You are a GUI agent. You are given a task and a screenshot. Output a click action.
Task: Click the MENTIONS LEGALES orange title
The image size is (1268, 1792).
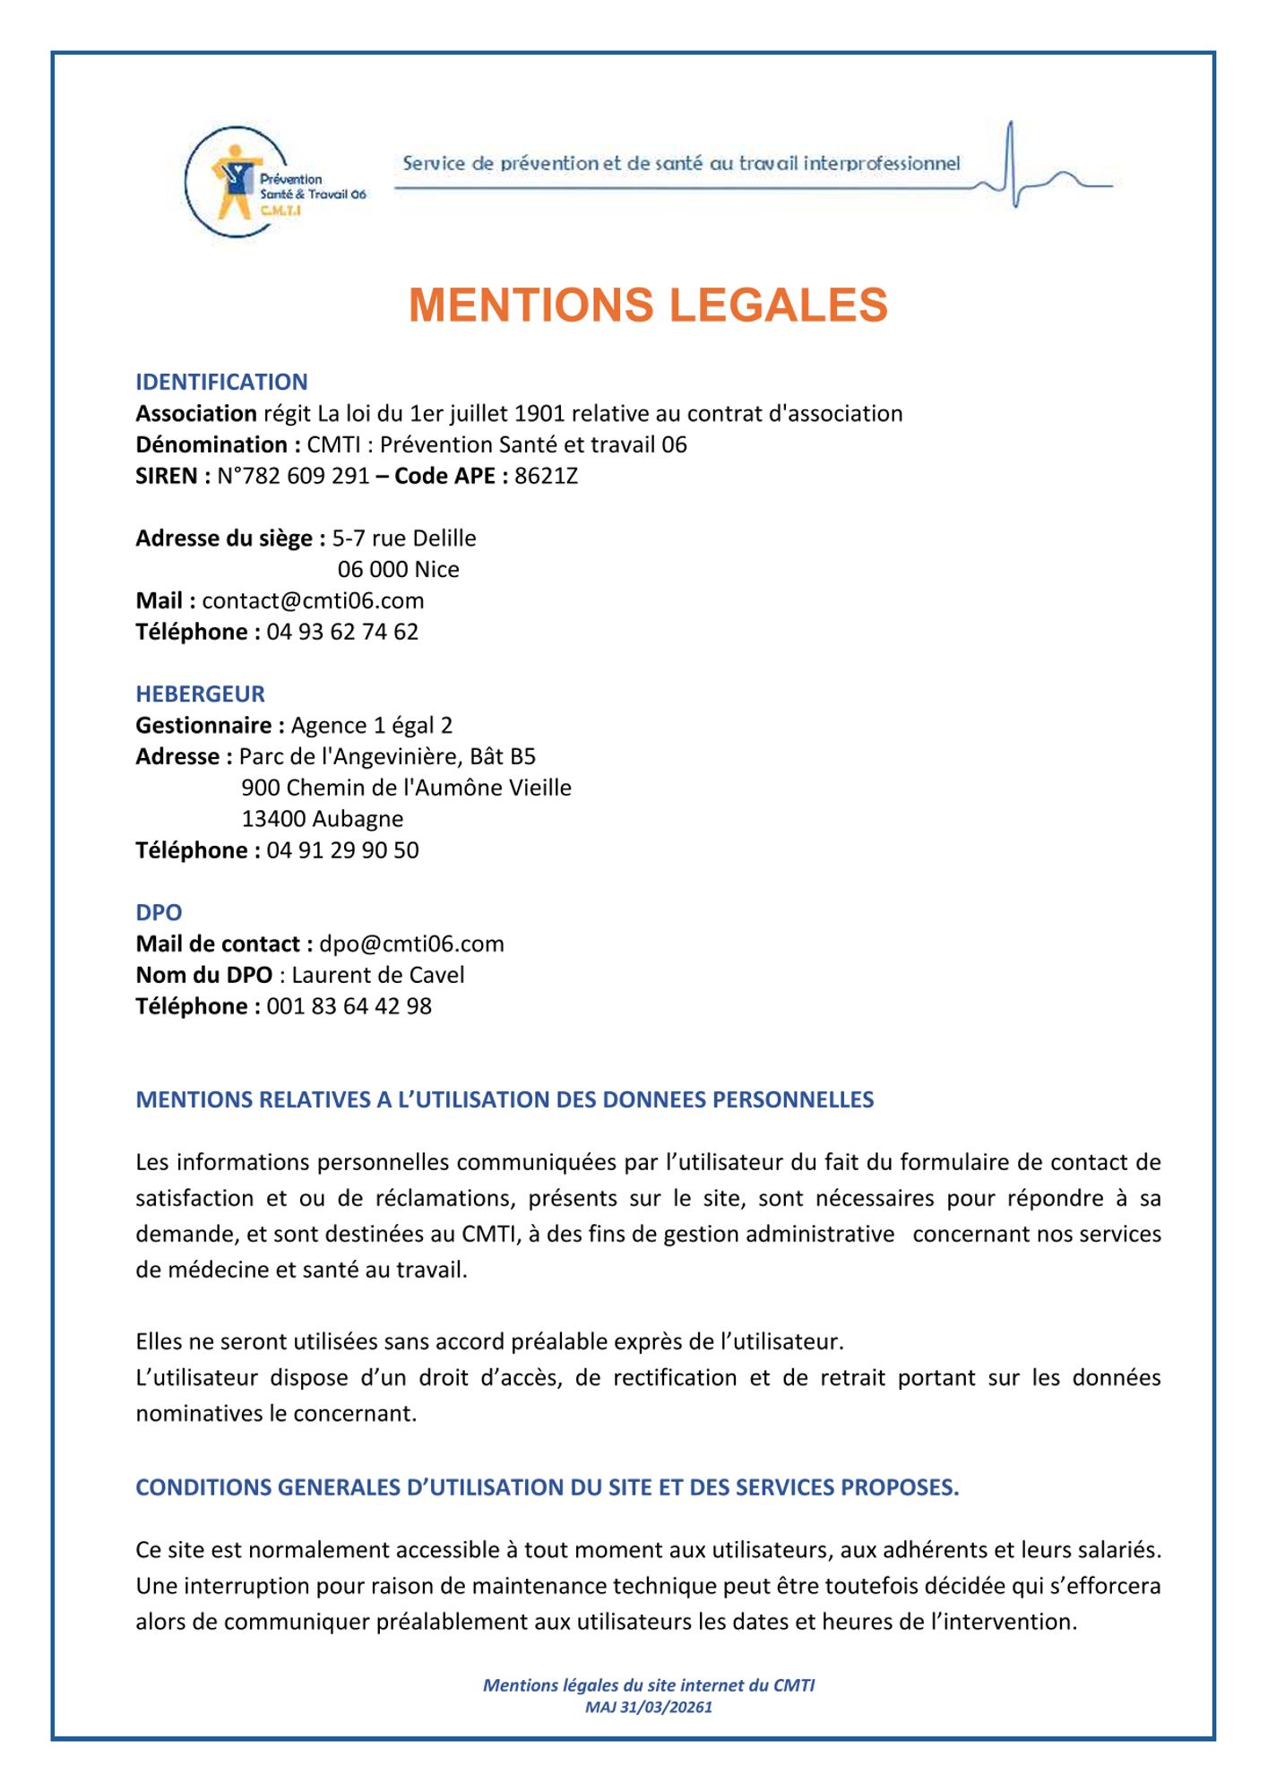pos(648,306)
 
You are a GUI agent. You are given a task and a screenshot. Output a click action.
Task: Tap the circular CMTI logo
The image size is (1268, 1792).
pos(237,183)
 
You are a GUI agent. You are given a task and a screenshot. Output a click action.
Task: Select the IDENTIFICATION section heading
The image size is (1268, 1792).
pos(221,383)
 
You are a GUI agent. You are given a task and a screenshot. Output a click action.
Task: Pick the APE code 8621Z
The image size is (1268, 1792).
pos(546,476)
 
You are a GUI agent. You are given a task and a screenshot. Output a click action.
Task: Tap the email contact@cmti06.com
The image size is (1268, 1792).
pos(313,600)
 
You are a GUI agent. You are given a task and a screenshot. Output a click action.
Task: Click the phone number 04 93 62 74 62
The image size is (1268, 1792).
pos(342,632)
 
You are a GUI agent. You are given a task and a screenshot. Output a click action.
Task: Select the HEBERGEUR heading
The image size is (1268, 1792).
pos(200,694)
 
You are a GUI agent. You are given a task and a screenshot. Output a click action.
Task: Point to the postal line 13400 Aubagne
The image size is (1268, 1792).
pos(323,819)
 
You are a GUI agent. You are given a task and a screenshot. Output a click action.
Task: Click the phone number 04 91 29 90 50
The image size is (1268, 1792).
pos(342,850)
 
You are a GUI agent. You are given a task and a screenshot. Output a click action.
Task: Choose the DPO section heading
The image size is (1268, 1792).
pos(159,913)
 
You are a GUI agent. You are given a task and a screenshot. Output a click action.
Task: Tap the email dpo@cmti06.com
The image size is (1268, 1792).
pos(411,944)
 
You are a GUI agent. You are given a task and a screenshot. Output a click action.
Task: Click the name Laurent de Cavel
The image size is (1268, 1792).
pos(378,975)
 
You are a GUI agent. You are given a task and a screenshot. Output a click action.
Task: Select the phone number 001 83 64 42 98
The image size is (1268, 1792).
pos(349,1006)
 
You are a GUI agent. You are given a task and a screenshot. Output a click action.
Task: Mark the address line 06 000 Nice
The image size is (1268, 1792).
pos(398,570)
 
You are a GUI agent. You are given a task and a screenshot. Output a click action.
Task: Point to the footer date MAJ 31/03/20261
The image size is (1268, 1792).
pos(648,1707)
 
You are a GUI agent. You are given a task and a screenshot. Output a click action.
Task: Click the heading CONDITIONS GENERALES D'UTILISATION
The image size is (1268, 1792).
pos(547,1487)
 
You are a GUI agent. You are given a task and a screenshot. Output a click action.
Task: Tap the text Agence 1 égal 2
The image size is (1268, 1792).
pos(372,726)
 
